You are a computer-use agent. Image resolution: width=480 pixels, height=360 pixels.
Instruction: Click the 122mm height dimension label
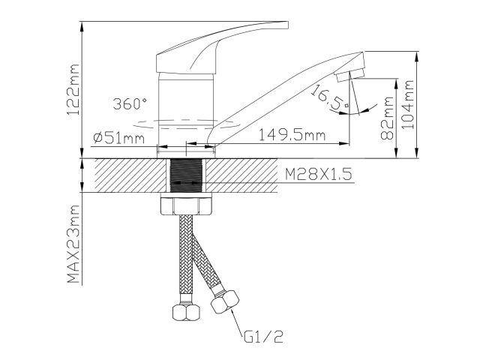[73, 88]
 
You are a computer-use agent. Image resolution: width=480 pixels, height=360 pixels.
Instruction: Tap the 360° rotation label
[129, 103]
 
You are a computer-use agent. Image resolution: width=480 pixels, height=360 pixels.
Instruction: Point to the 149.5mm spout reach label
[292, 136]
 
